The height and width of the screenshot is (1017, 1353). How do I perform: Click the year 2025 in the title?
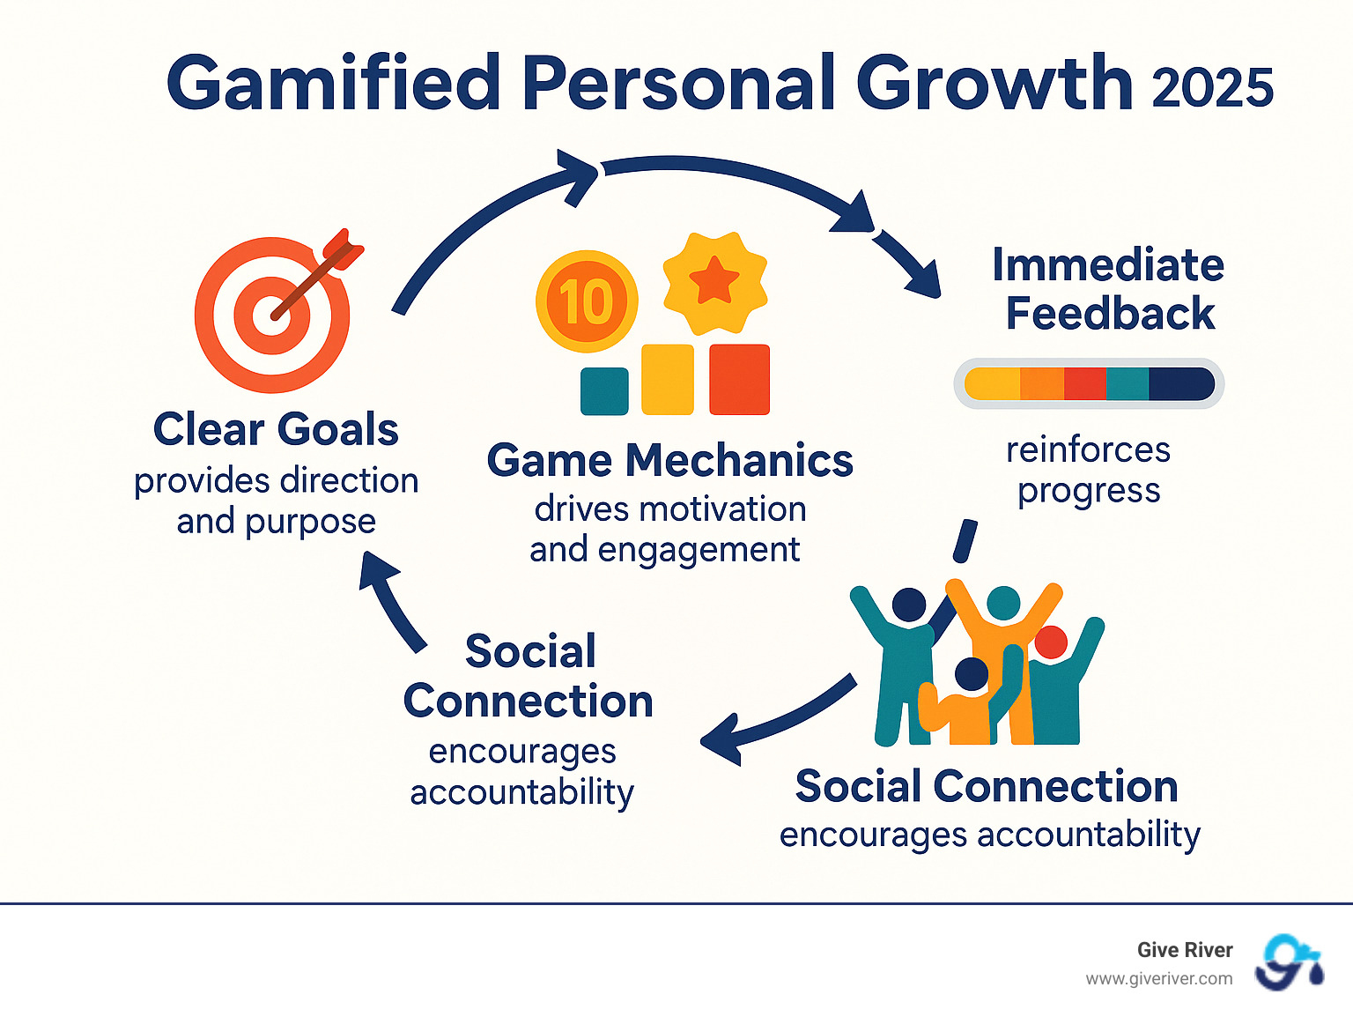coord(1212,88)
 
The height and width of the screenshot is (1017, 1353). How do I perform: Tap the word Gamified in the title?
coord(333,84)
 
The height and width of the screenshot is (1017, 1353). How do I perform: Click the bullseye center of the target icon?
coord(271,315)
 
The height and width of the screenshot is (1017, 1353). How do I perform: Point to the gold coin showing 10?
coord(587,301)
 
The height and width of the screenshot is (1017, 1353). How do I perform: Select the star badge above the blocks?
coord(714,282)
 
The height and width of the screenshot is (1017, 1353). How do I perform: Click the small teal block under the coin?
coord(604,391)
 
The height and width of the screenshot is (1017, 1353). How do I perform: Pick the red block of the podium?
coord(739,379)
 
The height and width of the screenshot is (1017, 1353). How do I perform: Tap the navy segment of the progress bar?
coord(1180,384)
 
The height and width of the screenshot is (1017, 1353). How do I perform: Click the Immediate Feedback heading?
coord(1109,289)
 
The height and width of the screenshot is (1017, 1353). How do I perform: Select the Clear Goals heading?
coord(276,429)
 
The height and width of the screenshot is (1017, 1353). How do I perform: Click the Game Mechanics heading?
coord(669,460)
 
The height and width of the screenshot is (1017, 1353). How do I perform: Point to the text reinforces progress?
coord(1089,470)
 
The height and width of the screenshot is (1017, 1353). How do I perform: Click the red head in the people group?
coord(1050,642)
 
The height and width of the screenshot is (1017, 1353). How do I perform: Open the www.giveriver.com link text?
coord(1158,978)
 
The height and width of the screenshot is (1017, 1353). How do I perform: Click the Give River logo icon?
coord(1290,962)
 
